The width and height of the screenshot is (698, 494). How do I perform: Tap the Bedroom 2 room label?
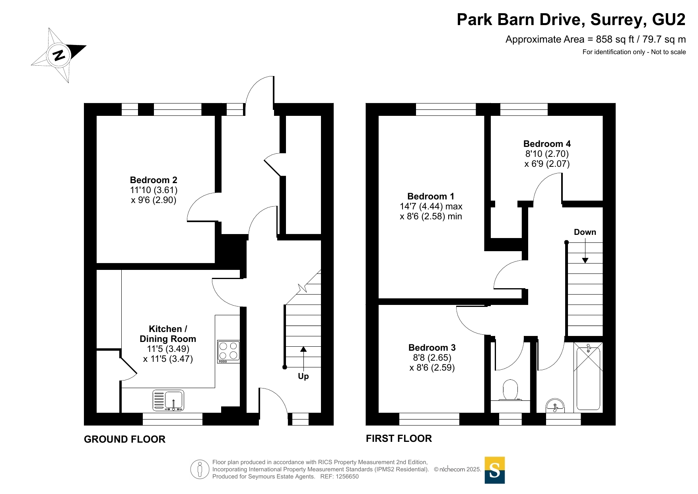(154, 180)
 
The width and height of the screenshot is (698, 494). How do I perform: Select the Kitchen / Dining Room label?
(168, 334)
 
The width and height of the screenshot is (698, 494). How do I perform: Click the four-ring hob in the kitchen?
(228, 351)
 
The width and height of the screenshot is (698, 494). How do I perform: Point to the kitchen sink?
(169, 400)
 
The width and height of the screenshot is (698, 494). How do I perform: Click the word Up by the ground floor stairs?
(303, 376)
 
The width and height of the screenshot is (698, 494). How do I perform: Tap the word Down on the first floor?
(585, 232)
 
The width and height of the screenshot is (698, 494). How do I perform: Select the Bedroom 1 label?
(431, 196)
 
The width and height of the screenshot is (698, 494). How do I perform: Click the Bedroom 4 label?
(547, 144)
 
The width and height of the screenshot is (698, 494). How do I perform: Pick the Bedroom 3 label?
(432, 348)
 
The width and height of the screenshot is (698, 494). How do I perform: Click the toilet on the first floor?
(510, 390)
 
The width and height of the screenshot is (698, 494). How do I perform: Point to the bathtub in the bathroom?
(588, 376)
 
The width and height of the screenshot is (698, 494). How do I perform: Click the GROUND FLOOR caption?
(124, 439)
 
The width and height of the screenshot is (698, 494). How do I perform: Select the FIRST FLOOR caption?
(399, 438)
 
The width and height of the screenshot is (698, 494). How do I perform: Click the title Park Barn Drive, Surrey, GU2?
(571, 20)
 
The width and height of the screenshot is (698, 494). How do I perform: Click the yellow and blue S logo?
(495, 470)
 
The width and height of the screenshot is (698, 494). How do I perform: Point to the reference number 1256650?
(347, 476)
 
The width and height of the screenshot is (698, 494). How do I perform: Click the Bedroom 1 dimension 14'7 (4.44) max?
(431, 206)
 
